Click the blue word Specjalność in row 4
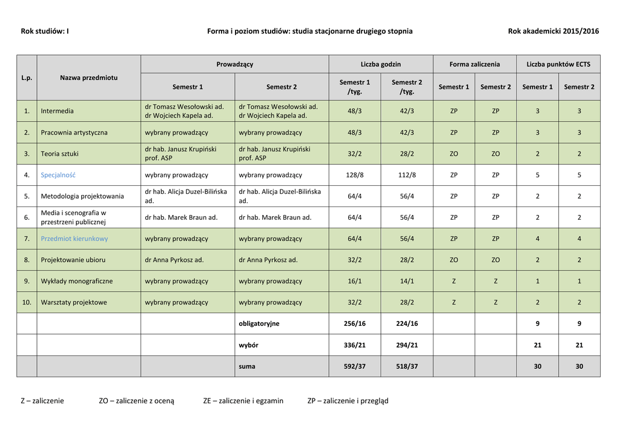pyautogui.click(x=58, y=175)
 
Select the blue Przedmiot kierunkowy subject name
pyautogui.click(x=74, y=239)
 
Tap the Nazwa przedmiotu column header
pyautogui.click(x=89, y=78)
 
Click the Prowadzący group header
pyautogui.click(x=235, y=64)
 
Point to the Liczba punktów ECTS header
pyautogui.click(x=558, y=64)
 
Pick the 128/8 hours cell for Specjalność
pyautogui.click(x=355, y=175)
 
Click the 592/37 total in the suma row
pyautogui.click(x=355, y=366)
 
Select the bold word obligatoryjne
pyautogui.click(x=259, y=323)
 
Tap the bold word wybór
pyautogui.click(x=249, y=345)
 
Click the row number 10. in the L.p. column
pyautogui.click(x=27, y=302)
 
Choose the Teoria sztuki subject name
pyautogui.click(x=60, y=154)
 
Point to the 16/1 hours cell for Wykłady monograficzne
pyautogui.click(x=355, y=281)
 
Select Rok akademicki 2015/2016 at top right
pyautogui.click(x=553, y=31)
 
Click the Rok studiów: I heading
pyautogui.click(x=45, y=31)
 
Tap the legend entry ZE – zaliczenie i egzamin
pyautogui.click(x=243, y=400)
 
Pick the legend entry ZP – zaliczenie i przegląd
pyautogui.click(x=348, y=400)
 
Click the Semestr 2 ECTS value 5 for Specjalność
pyautogui.click(x=579, y=175)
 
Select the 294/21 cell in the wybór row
pyautogui.click(x=407, y=345)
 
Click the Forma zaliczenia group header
pyautogui.click(x=475, y=64)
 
